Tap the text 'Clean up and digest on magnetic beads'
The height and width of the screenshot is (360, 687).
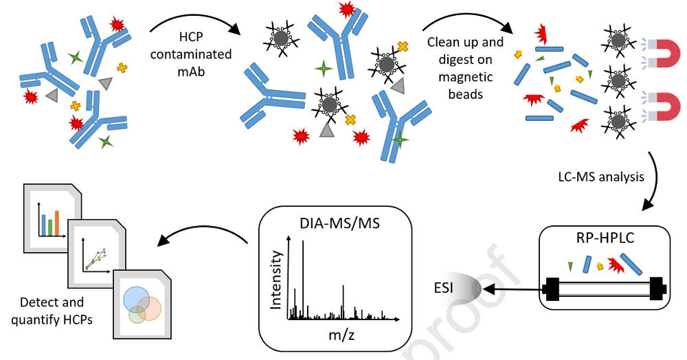(x=465, y=67)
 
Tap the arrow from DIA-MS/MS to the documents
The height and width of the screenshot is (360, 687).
(x=203, y=237)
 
